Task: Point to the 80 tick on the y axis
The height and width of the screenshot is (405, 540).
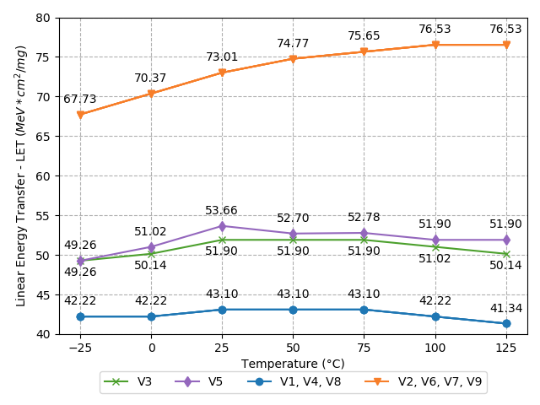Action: (x=43, y=18)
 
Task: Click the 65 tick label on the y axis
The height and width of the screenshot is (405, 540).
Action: (x=43, y=137)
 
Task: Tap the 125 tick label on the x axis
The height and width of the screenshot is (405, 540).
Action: (x=506, y=348)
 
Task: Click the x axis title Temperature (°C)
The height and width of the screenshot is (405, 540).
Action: (x=293, y=364)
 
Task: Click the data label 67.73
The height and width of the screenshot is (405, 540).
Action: (x=80, y=100)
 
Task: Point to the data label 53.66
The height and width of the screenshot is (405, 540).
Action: (x=222, y=211)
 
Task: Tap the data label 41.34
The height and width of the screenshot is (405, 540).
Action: (x=506, y=309)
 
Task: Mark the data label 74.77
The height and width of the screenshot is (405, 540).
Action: (x=293, y=44)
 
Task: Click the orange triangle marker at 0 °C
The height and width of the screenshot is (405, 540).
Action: (x=151, y=94)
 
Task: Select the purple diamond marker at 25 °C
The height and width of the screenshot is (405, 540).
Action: (x=222, y=226)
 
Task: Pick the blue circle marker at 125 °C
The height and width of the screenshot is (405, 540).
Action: (x=506, y=323)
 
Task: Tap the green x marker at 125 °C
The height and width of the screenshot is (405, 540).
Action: (x=506, y=254)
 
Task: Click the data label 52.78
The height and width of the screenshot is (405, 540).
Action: (x=364, y=218)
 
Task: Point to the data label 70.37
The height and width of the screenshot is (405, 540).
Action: (x=151, y=78)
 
